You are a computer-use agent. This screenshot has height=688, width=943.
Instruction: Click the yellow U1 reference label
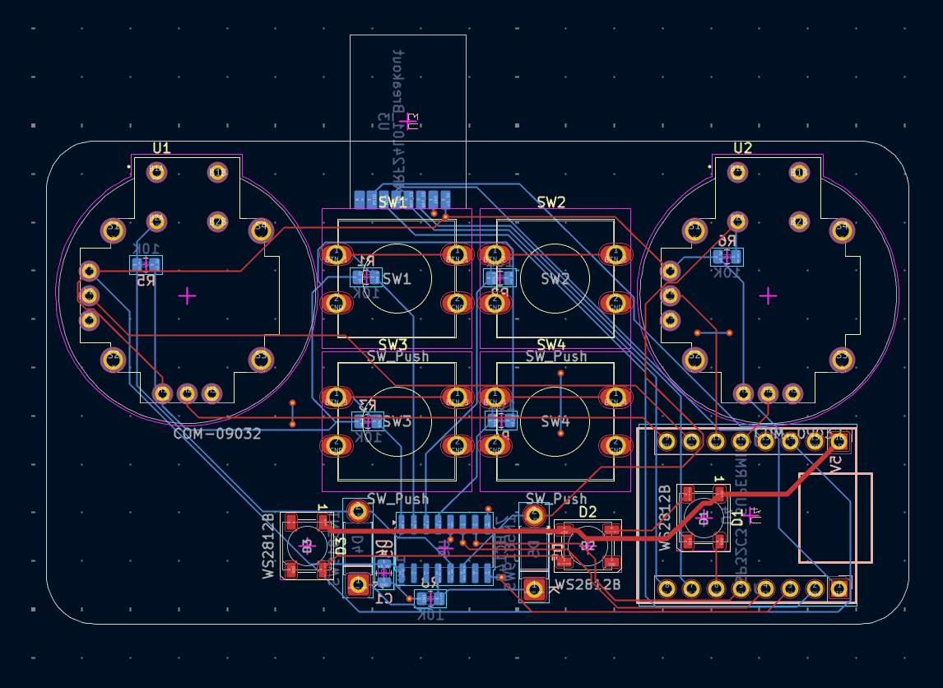[x=161, y=148]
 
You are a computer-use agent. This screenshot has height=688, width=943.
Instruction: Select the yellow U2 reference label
[x=742, y=148]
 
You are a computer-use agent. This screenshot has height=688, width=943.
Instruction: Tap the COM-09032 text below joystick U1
[x=217, y=434]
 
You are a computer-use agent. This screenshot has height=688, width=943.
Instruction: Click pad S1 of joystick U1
[x=113, y=230]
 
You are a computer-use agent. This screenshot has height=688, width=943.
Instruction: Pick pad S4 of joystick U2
[x=841, y=230]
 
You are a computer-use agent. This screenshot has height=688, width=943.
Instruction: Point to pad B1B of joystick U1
[x=156, y=221]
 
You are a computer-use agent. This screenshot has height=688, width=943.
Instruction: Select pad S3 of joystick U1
[x=261, y=359]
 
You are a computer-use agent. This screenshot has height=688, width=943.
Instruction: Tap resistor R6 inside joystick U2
[x=727, y=256]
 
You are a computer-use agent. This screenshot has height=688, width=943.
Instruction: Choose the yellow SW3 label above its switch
[x=393, y=344]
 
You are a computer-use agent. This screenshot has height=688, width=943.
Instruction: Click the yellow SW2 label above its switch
[x=550, y=202]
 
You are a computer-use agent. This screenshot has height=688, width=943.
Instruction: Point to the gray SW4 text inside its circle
[x=555, y=421]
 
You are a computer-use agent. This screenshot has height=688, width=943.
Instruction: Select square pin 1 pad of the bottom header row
[x=838, y=588]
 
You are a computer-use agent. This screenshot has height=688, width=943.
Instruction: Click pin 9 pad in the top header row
[x=667, y=442]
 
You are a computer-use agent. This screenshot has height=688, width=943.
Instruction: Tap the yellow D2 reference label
[x=588, y=512]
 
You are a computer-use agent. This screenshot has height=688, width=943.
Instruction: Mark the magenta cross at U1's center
[x=188, y=295]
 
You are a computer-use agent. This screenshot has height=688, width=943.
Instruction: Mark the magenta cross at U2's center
[x=768, y=295]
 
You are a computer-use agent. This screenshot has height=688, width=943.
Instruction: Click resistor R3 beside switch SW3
[x=367, y=421]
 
